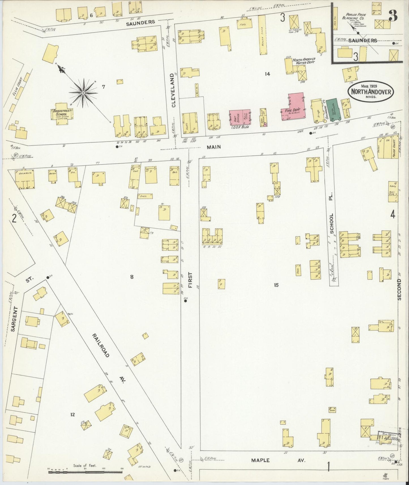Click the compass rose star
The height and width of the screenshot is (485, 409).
tap(83, 93)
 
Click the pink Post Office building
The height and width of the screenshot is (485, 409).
tap(240, 117)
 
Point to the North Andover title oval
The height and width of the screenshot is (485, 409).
tap(371, 91)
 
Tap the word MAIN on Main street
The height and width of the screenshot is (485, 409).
tap(213, 147)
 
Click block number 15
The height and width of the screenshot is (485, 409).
tap(276, 285)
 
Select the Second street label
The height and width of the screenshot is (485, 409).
tap(399, 289)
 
